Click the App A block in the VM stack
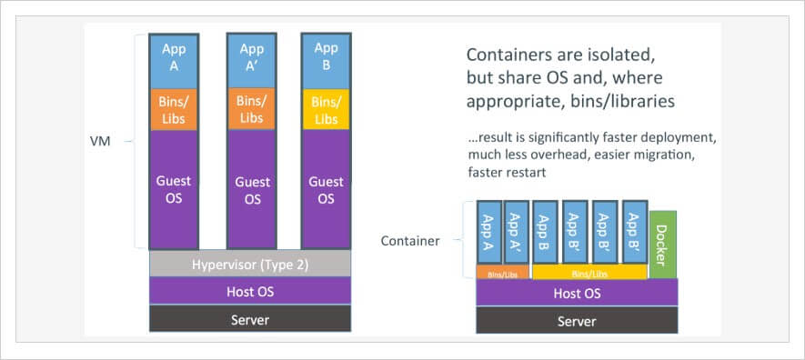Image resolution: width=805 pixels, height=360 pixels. point(174,57)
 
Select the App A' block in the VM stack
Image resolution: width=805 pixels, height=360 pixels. point(250,57)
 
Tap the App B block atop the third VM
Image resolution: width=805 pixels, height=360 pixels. point(326,57)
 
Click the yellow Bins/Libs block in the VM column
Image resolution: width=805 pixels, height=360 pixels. point(326,108)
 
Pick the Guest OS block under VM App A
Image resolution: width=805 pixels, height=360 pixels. point(174,189)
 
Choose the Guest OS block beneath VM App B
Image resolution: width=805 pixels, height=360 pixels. point(326,189)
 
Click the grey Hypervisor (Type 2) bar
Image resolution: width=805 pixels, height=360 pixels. point(249,264)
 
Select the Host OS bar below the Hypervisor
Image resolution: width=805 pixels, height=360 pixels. point(249,291)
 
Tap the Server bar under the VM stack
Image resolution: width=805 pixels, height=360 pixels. point(249,318)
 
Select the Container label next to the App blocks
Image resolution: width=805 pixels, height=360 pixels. point(410,241)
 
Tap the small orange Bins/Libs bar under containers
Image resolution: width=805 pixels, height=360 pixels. point(502,272)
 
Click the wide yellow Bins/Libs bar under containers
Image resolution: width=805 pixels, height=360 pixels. point(589,272)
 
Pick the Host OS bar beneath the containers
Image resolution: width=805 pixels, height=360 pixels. point(577,293)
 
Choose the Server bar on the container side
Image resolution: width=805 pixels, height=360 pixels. point(577,321)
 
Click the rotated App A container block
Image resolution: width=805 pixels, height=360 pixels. point(488,232)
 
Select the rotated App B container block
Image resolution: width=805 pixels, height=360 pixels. point(546,232)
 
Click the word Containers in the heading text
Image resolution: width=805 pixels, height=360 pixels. point(507,52)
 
